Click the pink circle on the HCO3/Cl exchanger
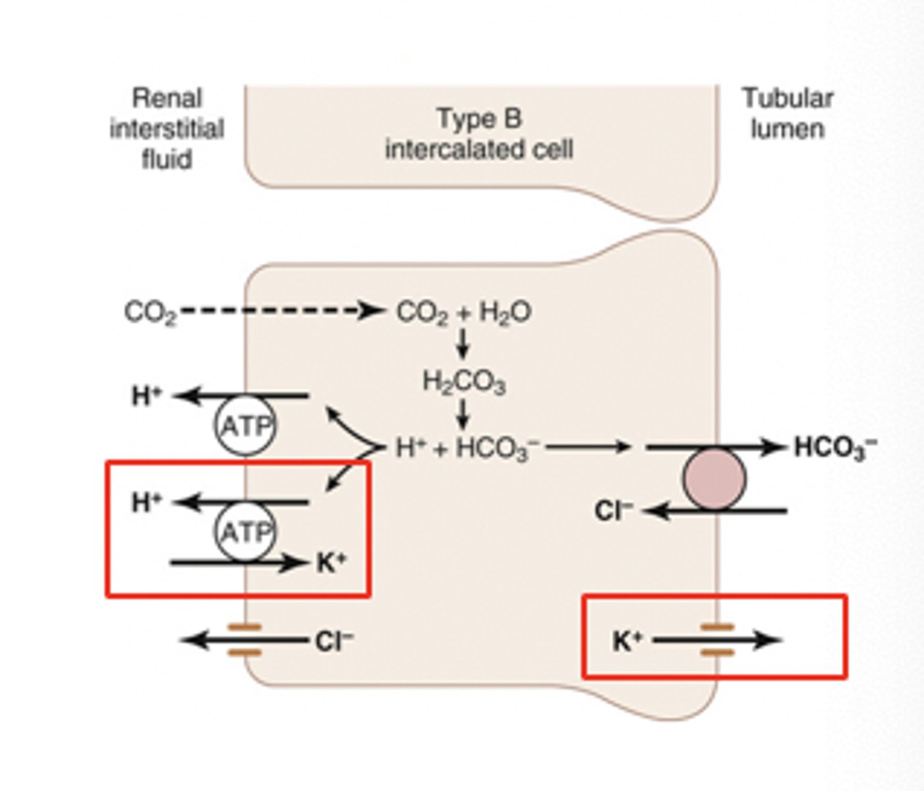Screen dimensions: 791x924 [x=714, y=479]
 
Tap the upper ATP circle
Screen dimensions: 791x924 [x=245, y=426]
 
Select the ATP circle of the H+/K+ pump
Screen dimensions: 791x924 [x=245, y=531]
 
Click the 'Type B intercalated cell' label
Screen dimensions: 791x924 [x=479, y=134]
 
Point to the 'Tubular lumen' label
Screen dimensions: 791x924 [x=788, y=113]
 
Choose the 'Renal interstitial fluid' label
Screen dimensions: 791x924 [x=167, y=129]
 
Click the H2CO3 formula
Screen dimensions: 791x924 [x=464, y=382]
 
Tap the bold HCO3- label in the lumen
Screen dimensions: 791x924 [x=835, y=448]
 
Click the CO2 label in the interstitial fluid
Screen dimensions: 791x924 [x=150, y=312]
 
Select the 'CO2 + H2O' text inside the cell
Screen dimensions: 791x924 [x=463, y=312]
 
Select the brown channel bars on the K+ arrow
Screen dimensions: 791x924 [x=716, y=640]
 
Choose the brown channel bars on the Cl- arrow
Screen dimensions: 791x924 [x=245, y=640]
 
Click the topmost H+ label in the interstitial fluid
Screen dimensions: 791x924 [x=146, y=396]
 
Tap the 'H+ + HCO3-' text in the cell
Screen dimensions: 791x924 [x=467, y=449]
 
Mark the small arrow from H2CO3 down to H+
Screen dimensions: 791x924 [x=464, y=413]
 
